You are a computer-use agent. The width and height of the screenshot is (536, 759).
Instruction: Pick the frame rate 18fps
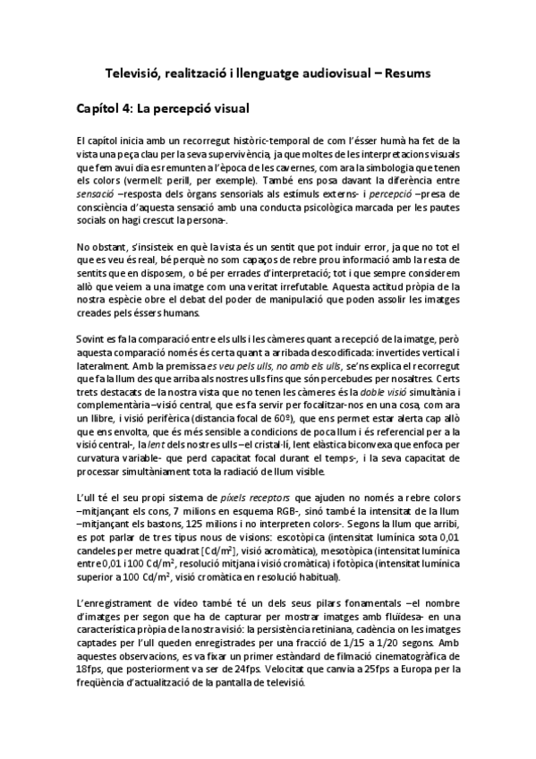[89, 670]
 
